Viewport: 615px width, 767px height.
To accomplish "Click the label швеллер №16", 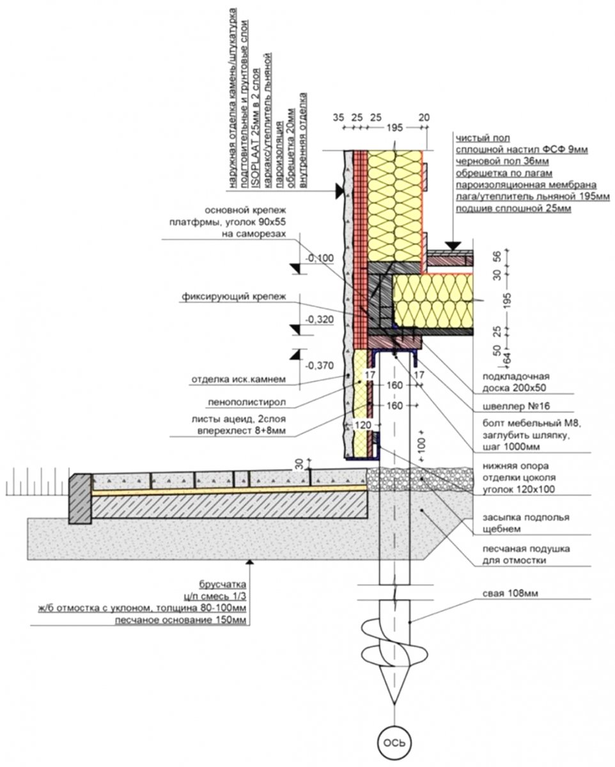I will coord(510,406).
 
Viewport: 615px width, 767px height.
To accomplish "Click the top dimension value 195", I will coord(395,128).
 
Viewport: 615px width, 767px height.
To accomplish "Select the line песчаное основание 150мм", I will coord(180,620).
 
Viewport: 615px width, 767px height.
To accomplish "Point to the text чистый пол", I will coord(478,137).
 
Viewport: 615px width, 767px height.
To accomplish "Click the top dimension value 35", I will coord(339,118).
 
